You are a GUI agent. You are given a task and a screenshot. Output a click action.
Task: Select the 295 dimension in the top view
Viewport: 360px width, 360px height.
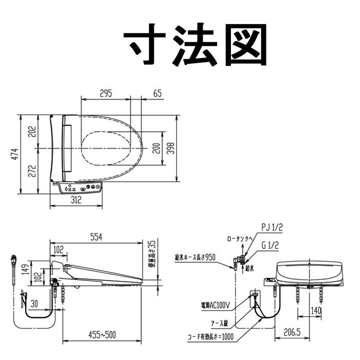105,94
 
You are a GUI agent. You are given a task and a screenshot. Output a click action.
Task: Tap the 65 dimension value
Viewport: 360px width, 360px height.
157,94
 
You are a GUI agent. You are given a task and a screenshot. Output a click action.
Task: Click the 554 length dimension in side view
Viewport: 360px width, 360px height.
96,237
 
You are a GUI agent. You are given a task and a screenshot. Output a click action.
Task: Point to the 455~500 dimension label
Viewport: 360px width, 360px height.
101,335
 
